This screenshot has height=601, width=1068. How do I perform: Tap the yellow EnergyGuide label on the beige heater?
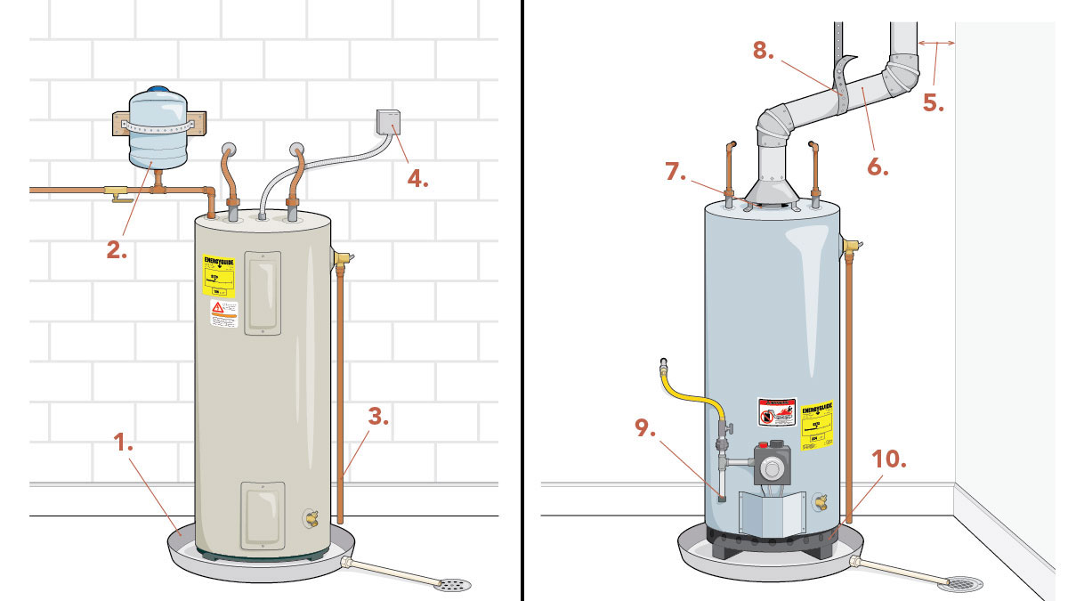pyautogui.click(x=219, y=276)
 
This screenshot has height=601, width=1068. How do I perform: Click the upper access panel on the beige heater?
pyautogui.click(x=263, y=292)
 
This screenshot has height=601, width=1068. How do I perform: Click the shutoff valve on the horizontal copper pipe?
pyautogui.click(x=114, y=191)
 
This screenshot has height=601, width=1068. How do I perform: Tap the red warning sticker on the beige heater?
pyautogui.click(x=223, y=313)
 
